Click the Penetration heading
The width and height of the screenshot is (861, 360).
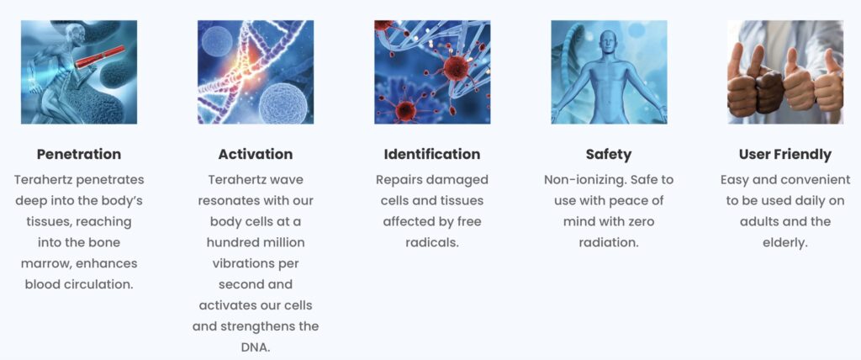click(79, 155)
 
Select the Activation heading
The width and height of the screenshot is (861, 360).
click(256, 155)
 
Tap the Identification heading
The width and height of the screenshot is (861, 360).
click(432, 155)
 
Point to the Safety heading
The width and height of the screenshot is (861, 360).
click(609, 155)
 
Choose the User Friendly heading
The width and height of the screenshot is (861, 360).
click(785, 155)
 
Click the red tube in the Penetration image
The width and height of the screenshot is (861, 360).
click(101, 56)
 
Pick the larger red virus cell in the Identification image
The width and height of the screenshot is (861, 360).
click(455, 67)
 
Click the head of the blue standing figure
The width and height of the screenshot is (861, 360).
click(609, 40)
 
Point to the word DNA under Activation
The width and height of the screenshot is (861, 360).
click(256, 347)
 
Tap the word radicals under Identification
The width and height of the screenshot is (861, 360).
click(432, 242)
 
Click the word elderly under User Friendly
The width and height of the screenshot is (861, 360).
click(785, 243)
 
